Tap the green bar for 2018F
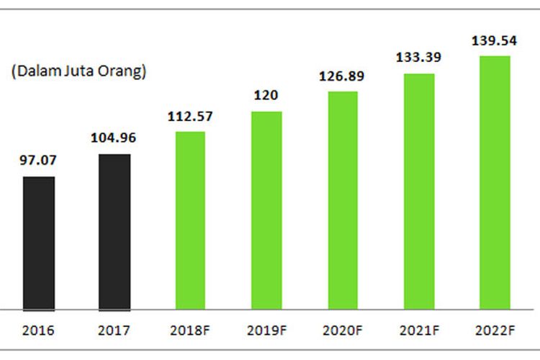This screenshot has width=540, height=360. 190,221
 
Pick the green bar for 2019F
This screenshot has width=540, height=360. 266,210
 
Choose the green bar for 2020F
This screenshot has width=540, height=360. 343,201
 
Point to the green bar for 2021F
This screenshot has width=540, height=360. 419,192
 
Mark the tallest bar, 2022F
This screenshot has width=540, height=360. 495,183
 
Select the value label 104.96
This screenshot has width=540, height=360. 114,138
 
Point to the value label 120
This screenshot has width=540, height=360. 266,96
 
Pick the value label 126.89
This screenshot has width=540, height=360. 343,76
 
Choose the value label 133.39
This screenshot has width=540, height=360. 419,57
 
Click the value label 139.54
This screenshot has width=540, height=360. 495,40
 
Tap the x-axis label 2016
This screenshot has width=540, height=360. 39,333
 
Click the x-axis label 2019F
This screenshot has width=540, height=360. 266,333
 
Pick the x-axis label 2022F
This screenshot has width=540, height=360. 495,333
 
